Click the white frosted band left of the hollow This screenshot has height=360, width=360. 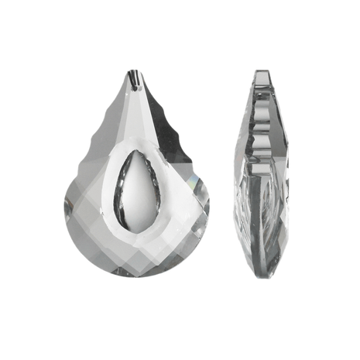[x=111, y=182]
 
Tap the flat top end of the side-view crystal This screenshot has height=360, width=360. [x=262, y=73]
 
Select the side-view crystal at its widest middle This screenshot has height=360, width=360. [x=262, y=182]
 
